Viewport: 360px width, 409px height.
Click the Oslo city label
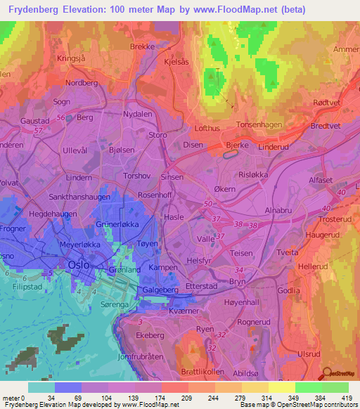point(79,264)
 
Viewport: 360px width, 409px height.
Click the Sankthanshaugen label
point(78,198)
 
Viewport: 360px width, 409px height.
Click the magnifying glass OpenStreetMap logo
point(326,374)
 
